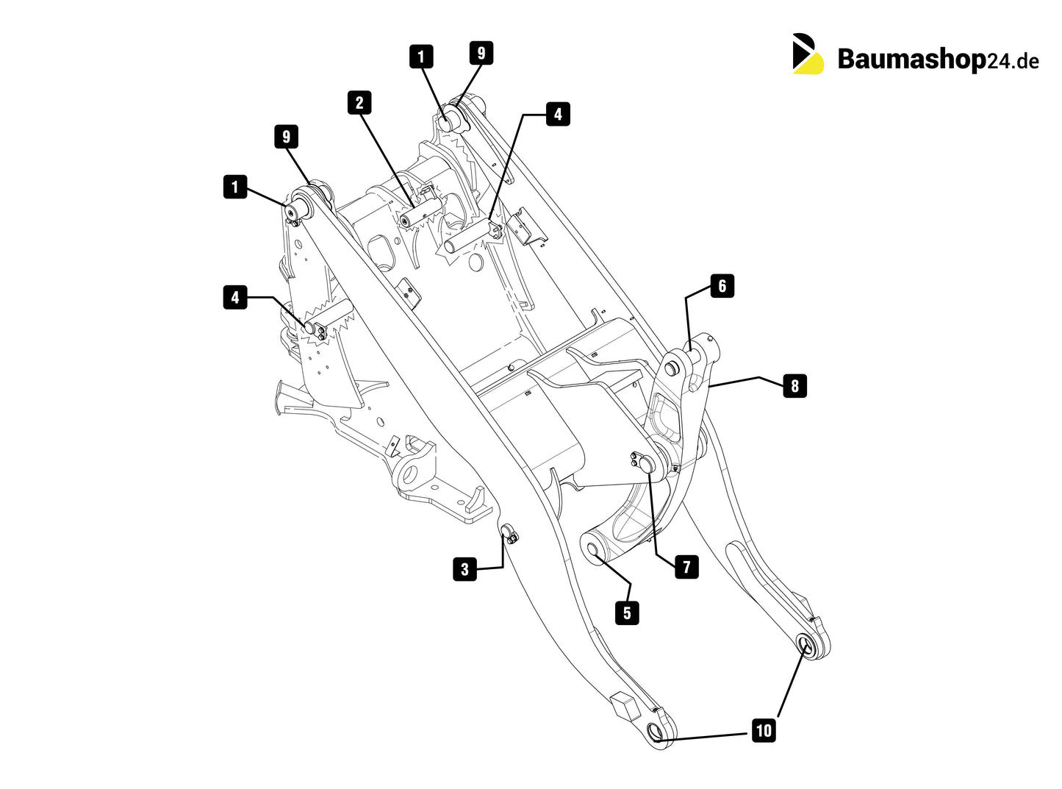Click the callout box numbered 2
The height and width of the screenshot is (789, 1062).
pos(359,103)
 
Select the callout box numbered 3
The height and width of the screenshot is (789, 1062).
pos(464,569)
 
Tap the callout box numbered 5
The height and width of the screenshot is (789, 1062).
pos(627,613)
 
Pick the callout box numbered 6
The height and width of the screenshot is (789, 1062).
pos(722,286)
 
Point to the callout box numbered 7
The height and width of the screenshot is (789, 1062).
pos(686,567)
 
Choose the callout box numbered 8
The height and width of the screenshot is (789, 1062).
pos(794,385)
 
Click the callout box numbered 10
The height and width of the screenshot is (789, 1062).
pos(764,730)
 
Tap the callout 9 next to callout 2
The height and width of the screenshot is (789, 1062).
pos(481,53)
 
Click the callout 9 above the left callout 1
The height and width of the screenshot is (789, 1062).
pos(287,137)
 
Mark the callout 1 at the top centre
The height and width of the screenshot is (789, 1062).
pos(421,57)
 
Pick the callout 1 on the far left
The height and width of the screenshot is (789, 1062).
pos(235,187)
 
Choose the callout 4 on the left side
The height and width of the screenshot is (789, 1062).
pos(235,297)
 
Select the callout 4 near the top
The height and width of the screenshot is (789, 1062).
pos(558,114)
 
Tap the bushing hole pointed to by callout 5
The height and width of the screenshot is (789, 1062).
pos(592,549)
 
